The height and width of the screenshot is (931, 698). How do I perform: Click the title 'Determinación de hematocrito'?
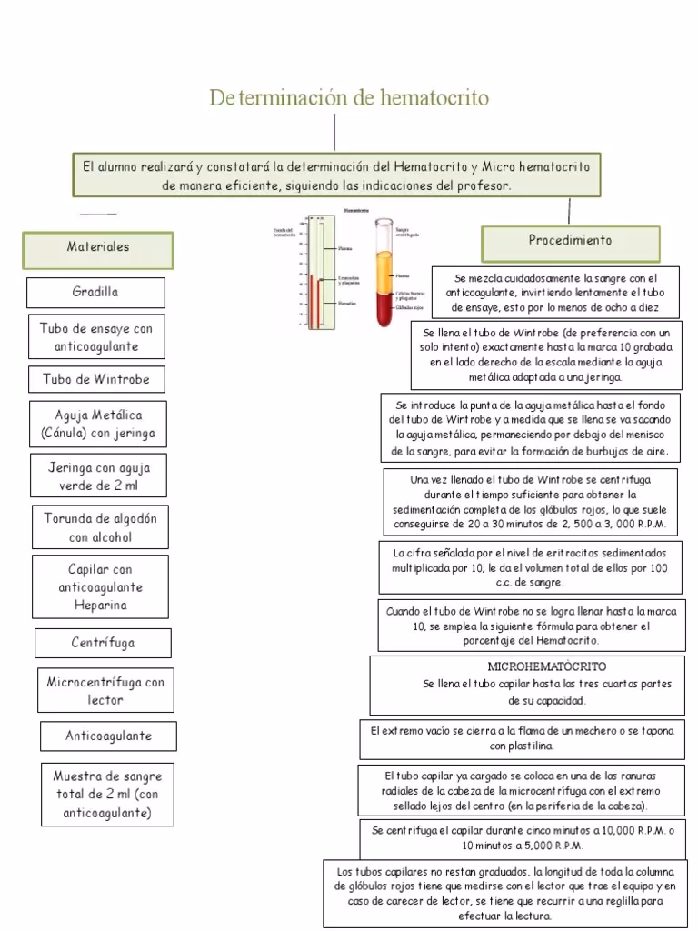(349, 97)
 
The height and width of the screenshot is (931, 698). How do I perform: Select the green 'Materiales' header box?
(98, 247)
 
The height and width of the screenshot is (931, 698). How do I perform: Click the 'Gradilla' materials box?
(95, 293)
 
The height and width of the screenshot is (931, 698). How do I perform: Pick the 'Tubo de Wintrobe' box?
(96, 378)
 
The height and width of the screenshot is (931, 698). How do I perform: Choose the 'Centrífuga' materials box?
(103, 643)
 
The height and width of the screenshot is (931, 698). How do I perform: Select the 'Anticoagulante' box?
(108, 736)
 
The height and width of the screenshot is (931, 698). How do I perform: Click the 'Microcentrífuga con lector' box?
(105, 691)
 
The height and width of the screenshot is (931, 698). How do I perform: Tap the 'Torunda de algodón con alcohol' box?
(101, 527)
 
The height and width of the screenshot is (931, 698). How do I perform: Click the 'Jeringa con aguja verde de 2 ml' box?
(99, 477)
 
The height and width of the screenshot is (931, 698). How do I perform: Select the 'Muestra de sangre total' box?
(107, 796)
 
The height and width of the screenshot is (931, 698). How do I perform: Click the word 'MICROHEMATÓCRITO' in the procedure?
(546, 666)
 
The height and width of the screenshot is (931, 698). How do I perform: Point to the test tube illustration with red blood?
(384, 273)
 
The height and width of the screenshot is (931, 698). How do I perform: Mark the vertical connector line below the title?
(335, 133)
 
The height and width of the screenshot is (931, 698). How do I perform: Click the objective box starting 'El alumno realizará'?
(336, 175)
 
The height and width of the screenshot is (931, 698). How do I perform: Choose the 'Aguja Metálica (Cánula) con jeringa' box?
(98, 425)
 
